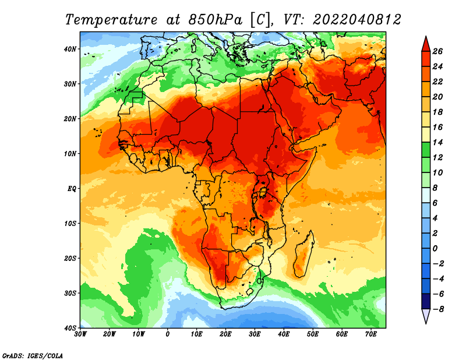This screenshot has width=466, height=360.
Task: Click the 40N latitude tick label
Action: coord(70,49)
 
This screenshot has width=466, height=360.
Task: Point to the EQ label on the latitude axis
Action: coord(72,189)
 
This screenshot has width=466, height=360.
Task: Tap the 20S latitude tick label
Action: coord(70,258)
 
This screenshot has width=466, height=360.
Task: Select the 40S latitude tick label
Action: coord(70,328)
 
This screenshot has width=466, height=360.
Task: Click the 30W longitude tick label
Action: coord(80,334)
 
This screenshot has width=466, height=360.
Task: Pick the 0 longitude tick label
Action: coord(168,334)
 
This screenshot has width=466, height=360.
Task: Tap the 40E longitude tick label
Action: coord(284,334)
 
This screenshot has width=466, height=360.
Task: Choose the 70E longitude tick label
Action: coord(371,334)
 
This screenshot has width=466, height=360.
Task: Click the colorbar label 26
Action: coord(437,51)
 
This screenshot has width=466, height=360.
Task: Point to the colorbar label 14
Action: coord(437,142)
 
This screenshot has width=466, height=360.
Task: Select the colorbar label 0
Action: coord(435,249)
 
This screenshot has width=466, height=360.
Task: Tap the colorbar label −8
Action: coord(437,309)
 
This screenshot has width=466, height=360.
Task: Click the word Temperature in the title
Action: coord(111,20)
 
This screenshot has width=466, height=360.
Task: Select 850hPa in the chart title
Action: coord(215,20)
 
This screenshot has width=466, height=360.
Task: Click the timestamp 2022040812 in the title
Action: coord(357,20)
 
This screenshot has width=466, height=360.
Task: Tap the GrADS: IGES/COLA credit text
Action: coord(33,355)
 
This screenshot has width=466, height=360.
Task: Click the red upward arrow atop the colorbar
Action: coord(426,44)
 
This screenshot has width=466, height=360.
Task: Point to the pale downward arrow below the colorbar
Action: coord(426,316)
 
